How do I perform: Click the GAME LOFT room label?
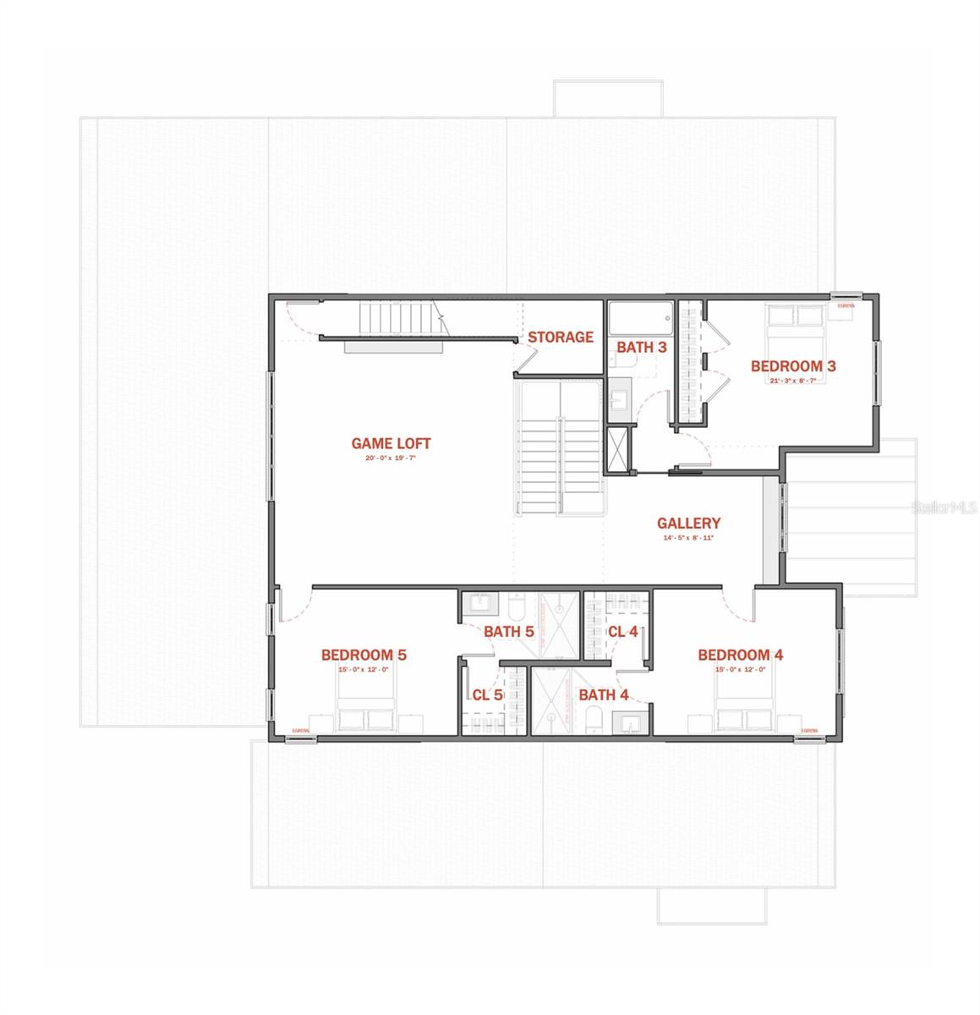pos(391,443)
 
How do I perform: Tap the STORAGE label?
pos(561,337)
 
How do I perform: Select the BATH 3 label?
pos(641,347)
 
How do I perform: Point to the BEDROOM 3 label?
pos(793,366)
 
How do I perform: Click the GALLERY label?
pos(688,524)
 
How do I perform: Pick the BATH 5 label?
pos(508,631)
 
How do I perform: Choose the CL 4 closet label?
pos(622,631)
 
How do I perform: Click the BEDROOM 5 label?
pos(364,655)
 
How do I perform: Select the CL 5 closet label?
pos(487,695)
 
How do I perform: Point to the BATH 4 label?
pos(603,695)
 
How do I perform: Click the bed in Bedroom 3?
pos(795,326)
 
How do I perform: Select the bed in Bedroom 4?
pos(743,706)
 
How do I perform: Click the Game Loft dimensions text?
pos(391,459)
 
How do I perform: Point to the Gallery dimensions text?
pos(688,539)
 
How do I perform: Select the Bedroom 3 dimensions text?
pos(793,381)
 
